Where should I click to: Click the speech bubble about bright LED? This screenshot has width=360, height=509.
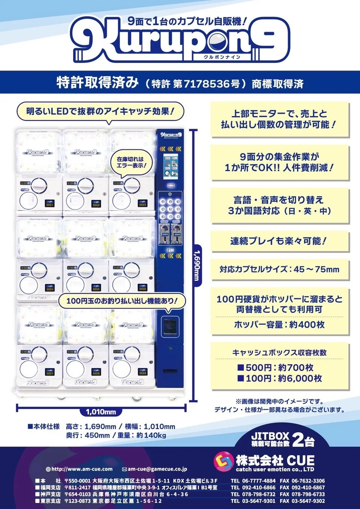100,112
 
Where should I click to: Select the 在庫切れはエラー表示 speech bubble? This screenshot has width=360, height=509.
130,163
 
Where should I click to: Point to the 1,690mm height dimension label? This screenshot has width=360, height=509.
196,266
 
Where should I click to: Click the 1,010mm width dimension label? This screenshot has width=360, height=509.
101,412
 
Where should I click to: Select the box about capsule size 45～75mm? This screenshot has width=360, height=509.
279,269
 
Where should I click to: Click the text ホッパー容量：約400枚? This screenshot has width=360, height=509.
279,325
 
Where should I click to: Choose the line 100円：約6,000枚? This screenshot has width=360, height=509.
279,378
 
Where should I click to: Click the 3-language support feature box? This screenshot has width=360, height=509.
279,205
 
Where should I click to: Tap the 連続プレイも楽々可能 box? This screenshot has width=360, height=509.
279,241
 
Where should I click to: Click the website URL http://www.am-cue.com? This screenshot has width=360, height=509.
82,469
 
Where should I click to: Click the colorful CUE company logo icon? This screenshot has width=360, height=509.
223,462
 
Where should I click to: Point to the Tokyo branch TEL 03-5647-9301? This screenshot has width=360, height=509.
253,501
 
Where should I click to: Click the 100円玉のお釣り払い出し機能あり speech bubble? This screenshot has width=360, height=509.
122,301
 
